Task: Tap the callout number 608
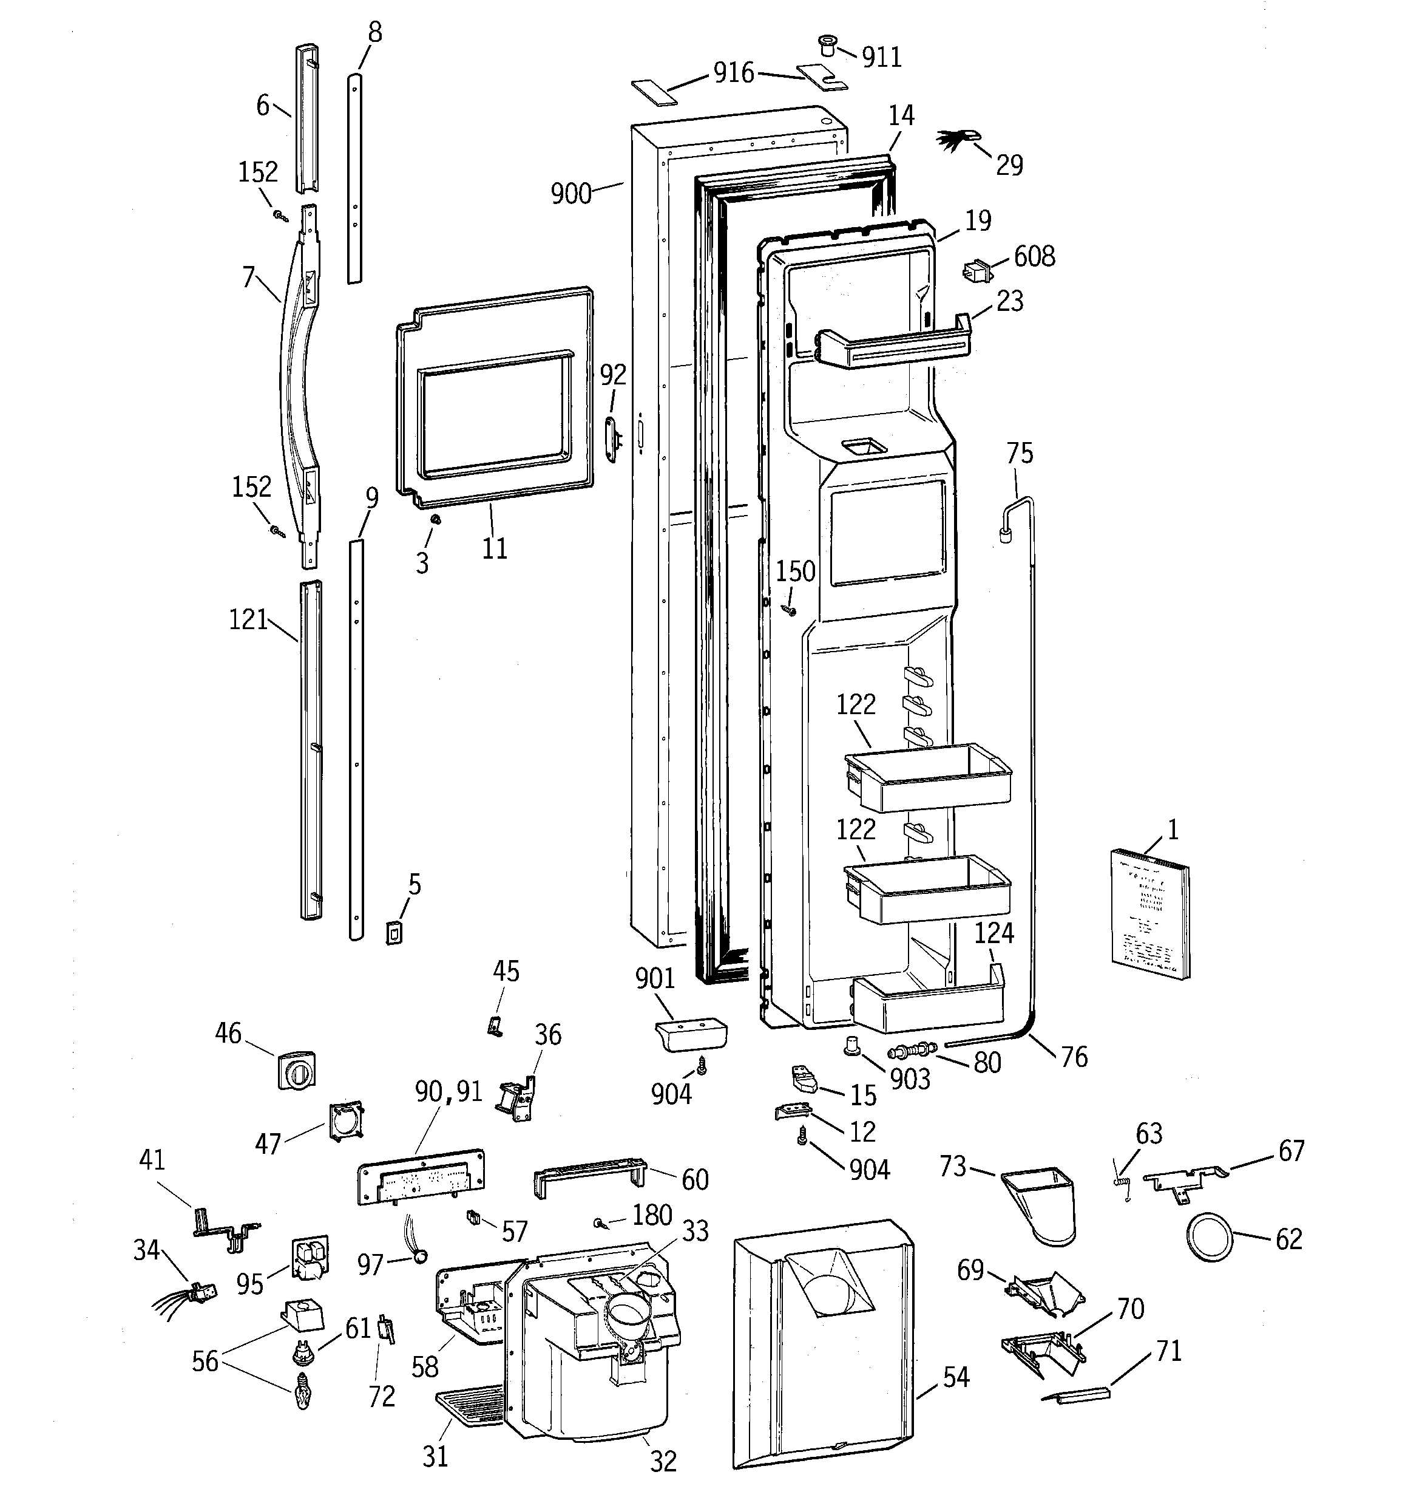click(x=1034, y=256)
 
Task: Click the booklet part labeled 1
click(x=1149, y=915)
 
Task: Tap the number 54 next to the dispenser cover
click(x=955, y=1377)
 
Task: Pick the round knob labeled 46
click(x=296, y=1069)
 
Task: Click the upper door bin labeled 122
click(x=928, y=778)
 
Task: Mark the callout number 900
click(x=570, y=194)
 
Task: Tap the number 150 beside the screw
click(x=796, y=571)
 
